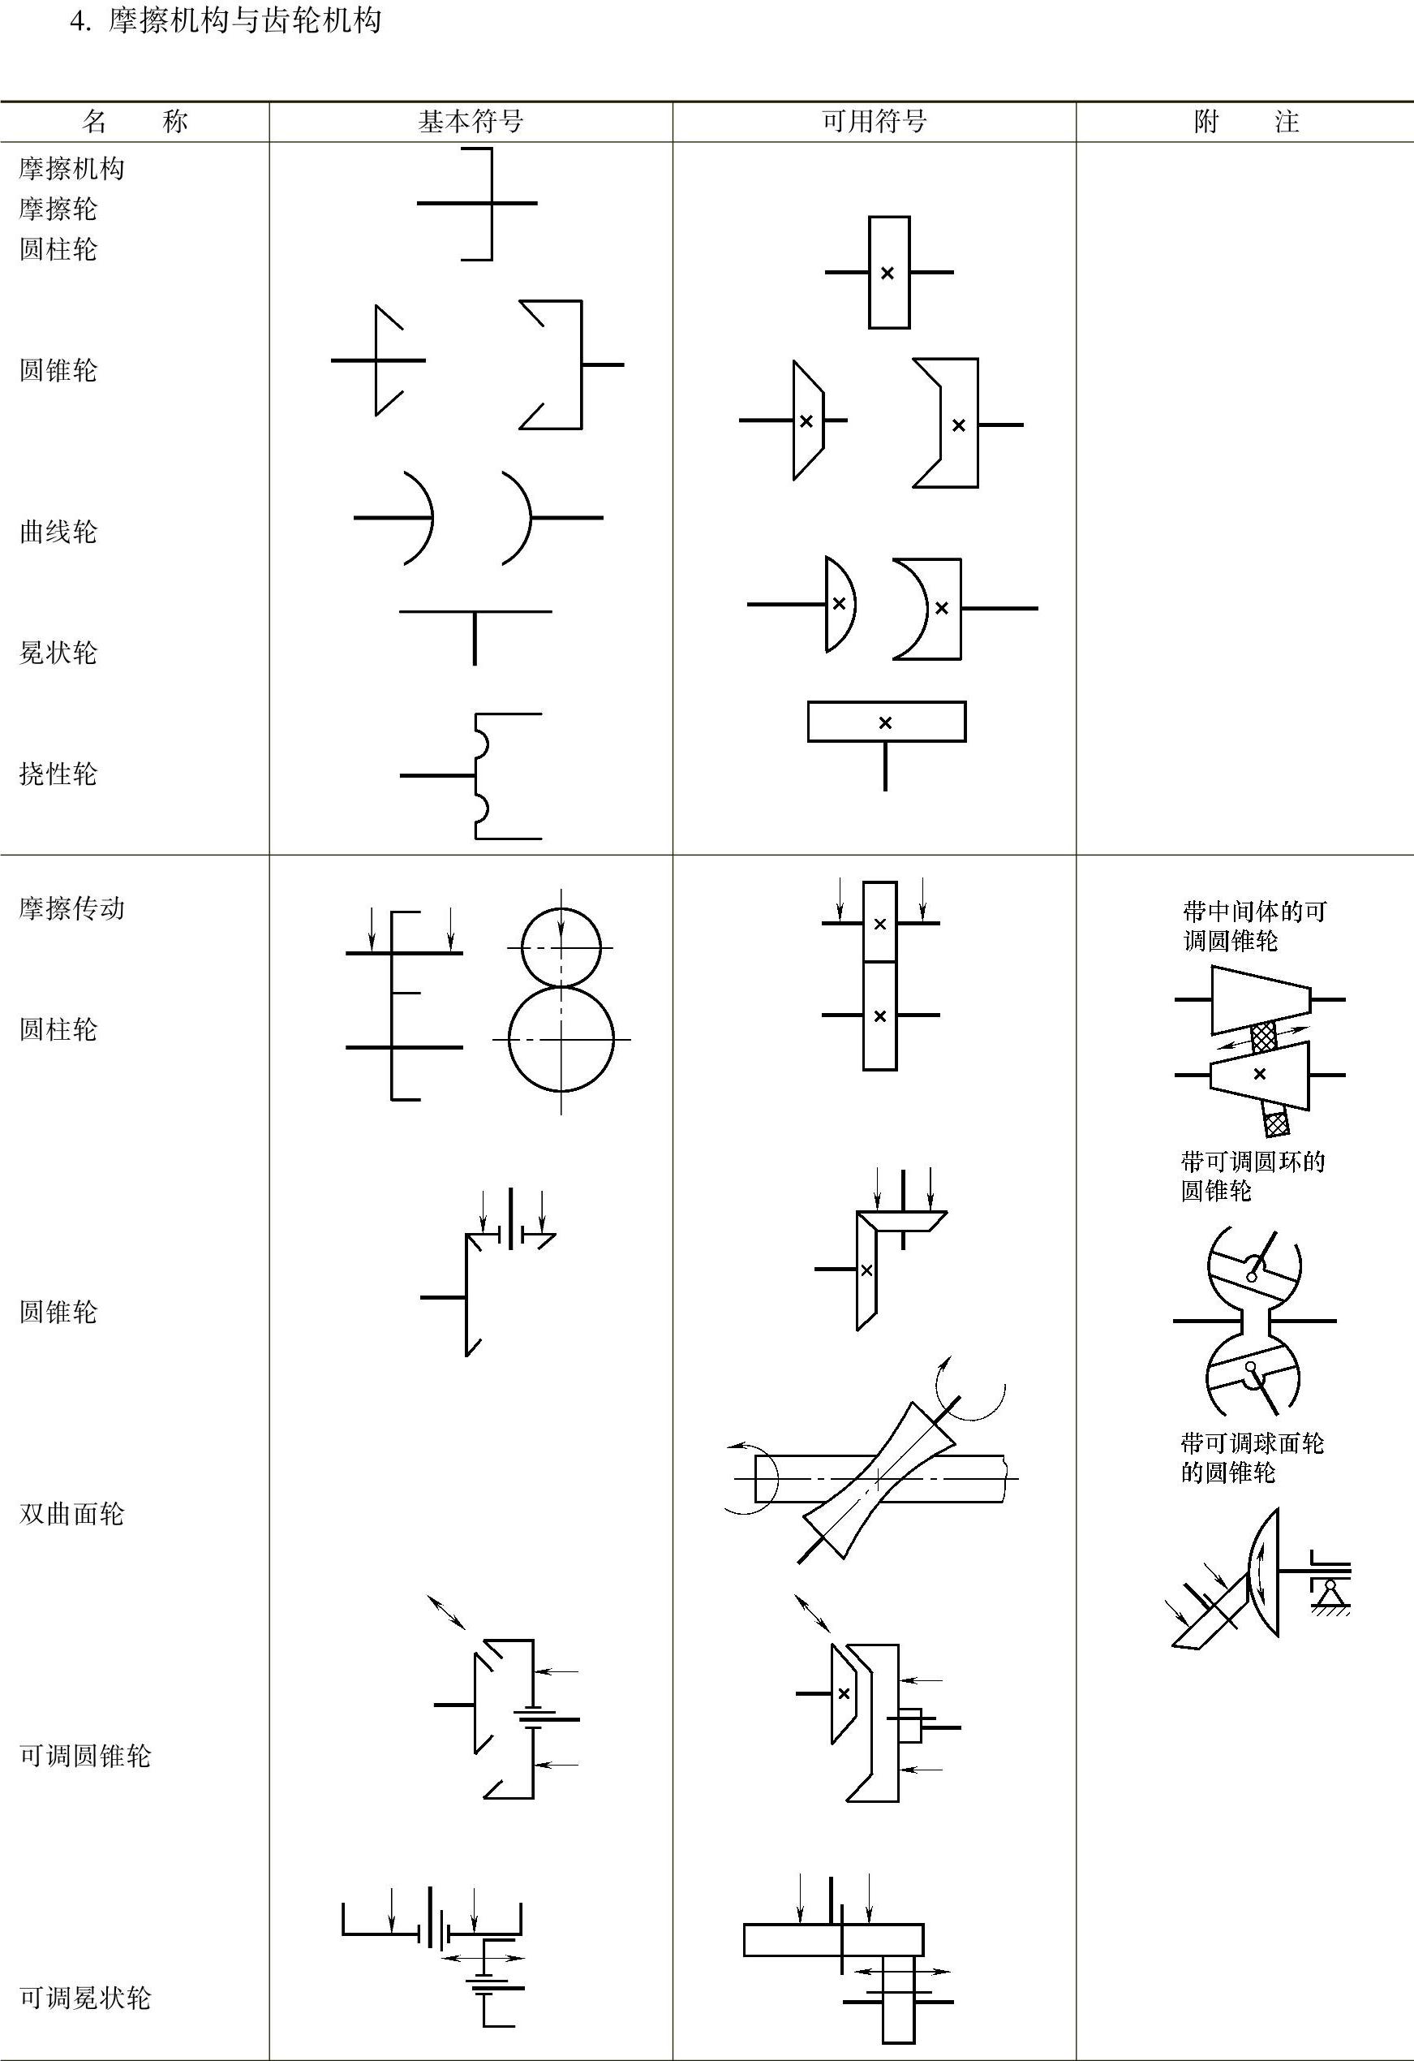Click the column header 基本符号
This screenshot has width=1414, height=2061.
(471, 122)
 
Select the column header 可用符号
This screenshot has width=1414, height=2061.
(874, 122)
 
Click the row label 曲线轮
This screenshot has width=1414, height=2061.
(58, 532)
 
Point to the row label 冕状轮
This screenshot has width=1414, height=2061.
(58, 653)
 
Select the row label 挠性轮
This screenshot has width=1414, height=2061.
(58, 774)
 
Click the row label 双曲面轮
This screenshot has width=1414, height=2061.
(72, 1513)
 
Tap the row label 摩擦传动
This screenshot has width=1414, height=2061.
(72, 908)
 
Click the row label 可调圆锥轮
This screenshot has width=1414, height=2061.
(85, 1755)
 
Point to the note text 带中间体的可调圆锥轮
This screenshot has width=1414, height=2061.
(1253, 926)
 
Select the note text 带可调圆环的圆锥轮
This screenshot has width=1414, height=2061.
(1252, 1176)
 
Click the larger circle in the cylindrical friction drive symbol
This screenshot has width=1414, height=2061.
(561, 1038)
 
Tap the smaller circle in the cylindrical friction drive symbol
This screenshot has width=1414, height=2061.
(561, 947)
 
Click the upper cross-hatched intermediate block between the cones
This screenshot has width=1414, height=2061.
(1263, 1037)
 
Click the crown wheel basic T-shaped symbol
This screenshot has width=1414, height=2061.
(475, 634)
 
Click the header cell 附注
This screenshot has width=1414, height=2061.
(1244, 122)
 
